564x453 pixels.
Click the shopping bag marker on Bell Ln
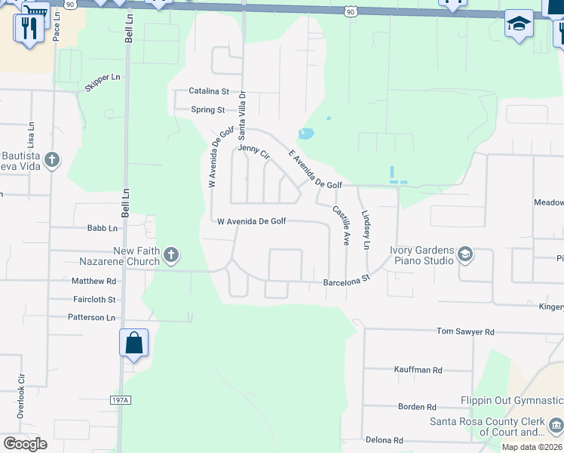[133, 343]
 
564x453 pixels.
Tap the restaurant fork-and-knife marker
[29, 29]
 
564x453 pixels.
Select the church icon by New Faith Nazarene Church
[171, 255]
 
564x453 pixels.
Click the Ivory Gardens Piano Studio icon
[465, 254]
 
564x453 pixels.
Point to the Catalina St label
[209, 91]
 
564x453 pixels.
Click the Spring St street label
[208, 109]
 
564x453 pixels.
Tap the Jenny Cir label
[253, 152]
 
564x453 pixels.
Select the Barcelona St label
[347, 279]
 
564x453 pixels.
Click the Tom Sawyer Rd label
[466, 331]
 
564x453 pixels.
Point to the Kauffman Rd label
[418, 370]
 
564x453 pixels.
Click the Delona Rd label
[384, 440]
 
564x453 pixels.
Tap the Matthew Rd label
[94, 281]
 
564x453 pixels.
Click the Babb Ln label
[103, 228]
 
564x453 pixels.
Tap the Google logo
[25, 444]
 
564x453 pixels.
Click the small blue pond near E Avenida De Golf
[306, 134]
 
